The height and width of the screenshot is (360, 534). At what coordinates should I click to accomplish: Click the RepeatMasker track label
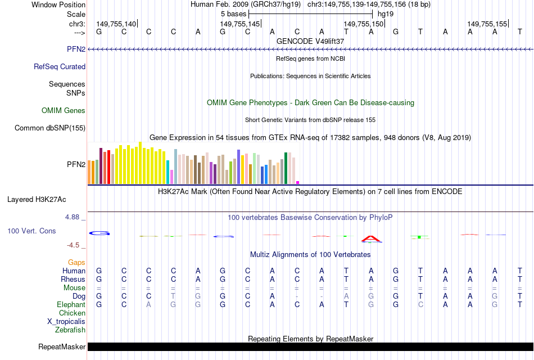pyautogui.click(x=62, y=347)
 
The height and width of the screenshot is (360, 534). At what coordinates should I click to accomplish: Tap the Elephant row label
pyautogui.click(x=71, y=304)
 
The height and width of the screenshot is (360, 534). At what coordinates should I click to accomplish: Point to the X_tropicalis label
pyautogui.click(x=66, y=322)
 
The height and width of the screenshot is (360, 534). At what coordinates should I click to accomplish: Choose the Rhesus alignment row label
pyautogui.click(x=73, y=279)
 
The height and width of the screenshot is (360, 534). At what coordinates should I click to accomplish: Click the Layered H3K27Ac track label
pyautogui.click(x=37, y=199)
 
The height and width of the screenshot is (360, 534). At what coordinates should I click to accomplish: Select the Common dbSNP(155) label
pyautogui.click(x=50, y=128)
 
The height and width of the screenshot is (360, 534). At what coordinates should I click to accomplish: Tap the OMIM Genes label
pyautogui.click(x=64, y=111)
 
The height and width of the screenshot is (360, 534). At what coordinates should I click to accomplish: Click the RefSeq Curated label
pyautogui.click(x=60, y=66)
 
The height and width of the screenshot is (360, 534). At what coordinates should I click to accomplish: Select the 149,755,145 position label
pyautogui.click(x=240, y=24)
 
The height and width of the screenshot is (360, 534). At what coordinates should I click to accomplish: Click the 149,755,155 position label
pyautogui.click(x=487, y=24)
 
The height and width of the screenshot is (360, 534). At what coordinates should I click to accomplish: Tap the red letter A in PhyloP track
pyautogui.click(x=371, y=239)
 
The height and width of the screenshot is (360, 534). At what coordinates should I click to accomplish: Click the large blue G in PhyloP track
pyautogui.click(x=99, y=233)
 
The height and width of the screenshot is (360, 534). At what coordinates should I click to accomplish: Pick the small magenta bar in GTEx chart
pyautogui.click(x=298, y=182)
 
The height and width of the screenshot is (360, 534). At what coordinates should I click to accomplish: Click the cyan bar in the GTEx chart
pyautogui.click(x=168, y=172)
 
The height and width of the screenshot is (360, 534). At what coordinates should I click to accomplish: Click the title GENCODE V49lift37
pyautogui.click(x=310, y=41)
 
